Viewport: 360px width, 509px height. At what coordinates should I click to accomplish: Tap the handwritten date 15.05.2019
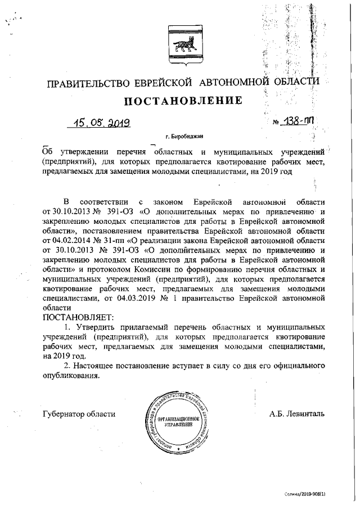(x=103, y=122)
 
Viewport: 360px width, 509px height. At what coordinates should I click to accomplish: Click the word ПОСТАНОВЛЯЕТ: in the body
(x=78, y=317)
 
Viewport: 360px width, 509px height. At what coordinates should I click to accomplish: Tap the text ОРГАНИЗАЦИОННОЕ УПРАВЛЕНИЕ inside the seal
(x=178, y=422)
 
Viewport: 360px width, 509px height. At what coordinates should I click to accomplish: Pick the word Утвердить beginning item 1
(x=94, y=327)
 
